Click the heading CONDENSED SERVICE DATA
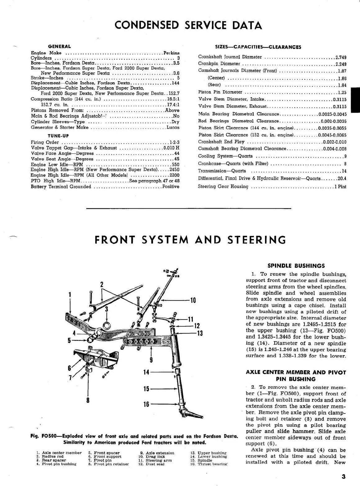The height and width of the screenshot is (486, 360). point(188,25)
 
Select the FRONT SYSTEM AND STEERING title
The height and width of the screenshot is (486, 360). point(190,240)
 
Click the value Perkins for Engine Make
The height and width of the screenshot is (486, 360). point(171,53)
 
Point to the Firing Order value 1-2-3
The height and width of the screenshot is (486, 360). point(174,142)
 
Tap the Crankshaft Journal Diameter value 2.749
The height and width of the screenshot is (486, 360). point(341,57)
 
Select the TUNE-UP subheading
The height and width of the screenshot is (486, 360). point(58,136)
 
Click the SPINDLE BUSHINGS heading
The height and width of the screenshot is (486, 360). point(296,266)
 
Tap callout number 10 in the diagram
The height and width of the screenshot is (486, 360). point(193,300)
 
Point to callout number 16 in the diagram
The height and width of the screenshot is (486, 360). point(146,404)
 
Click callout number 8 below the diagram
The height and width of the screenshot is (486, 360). point(88,400)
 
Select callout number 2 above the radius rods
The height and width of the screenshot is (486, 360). point(101,284)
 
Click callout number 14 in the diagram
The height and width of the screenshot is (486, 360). point(146,372)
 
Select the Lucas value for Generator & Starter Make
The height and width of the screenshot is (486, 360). point(173,127)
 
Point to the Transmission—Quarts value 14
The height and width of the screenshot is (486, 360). point(344,171)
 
